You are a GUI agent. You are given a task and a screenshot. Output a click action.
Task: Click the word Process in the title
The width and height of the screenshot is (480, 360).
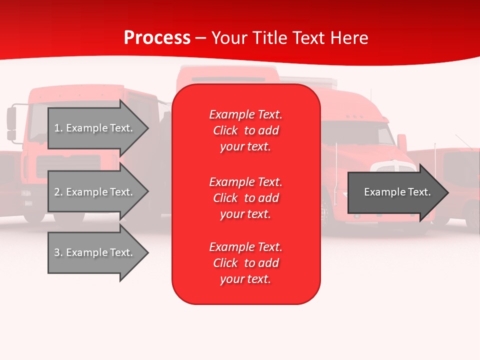coord(157,38)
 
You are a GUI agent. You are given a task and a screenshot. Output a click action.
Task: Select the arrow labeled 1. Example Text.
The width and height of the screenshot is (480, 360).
coord(95,128)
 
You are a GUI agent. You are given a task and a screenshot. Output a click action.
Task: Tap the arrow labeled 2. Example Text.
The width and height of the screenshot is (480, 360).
coord(95,192)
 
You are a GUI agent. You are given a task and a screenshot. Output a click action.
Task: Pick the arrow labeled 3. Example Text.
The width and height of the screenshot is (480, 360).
coord(95,252)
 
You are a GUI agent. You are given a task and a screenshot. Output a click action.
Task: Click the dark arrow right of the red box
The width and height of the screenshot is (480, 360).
coord(395,192)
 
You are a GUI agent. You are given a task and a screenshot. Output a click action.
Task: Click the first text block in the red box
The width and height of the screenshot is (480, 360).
coord(245,130)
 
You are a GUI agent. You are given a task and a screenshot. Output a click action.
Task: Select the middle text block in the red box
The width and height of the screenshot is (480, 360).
coord(245,198)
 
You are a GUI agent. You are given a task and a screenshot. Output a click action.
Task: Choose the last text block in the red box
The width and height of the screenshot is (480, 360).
coord(245,263)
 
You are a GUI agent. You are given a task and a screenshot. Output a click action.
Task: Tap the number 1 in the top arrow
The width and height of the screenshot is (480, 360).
coord(57,128)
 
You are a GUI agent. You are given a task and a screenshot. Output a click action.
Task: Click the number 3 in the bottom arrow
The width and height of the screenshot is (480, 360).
coord(57,252)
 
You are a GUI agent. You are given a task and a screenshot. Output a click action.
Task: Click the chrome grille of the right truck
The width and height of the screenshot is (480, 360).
coord(395,168)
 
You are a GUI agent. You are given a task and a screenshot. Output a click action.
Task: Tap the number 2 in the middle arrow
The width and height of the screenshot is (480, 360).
coord(57,192)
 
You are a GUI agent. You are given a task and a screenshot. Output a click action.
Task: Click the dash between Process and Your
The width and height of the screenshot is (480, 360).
coord(201,38)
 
